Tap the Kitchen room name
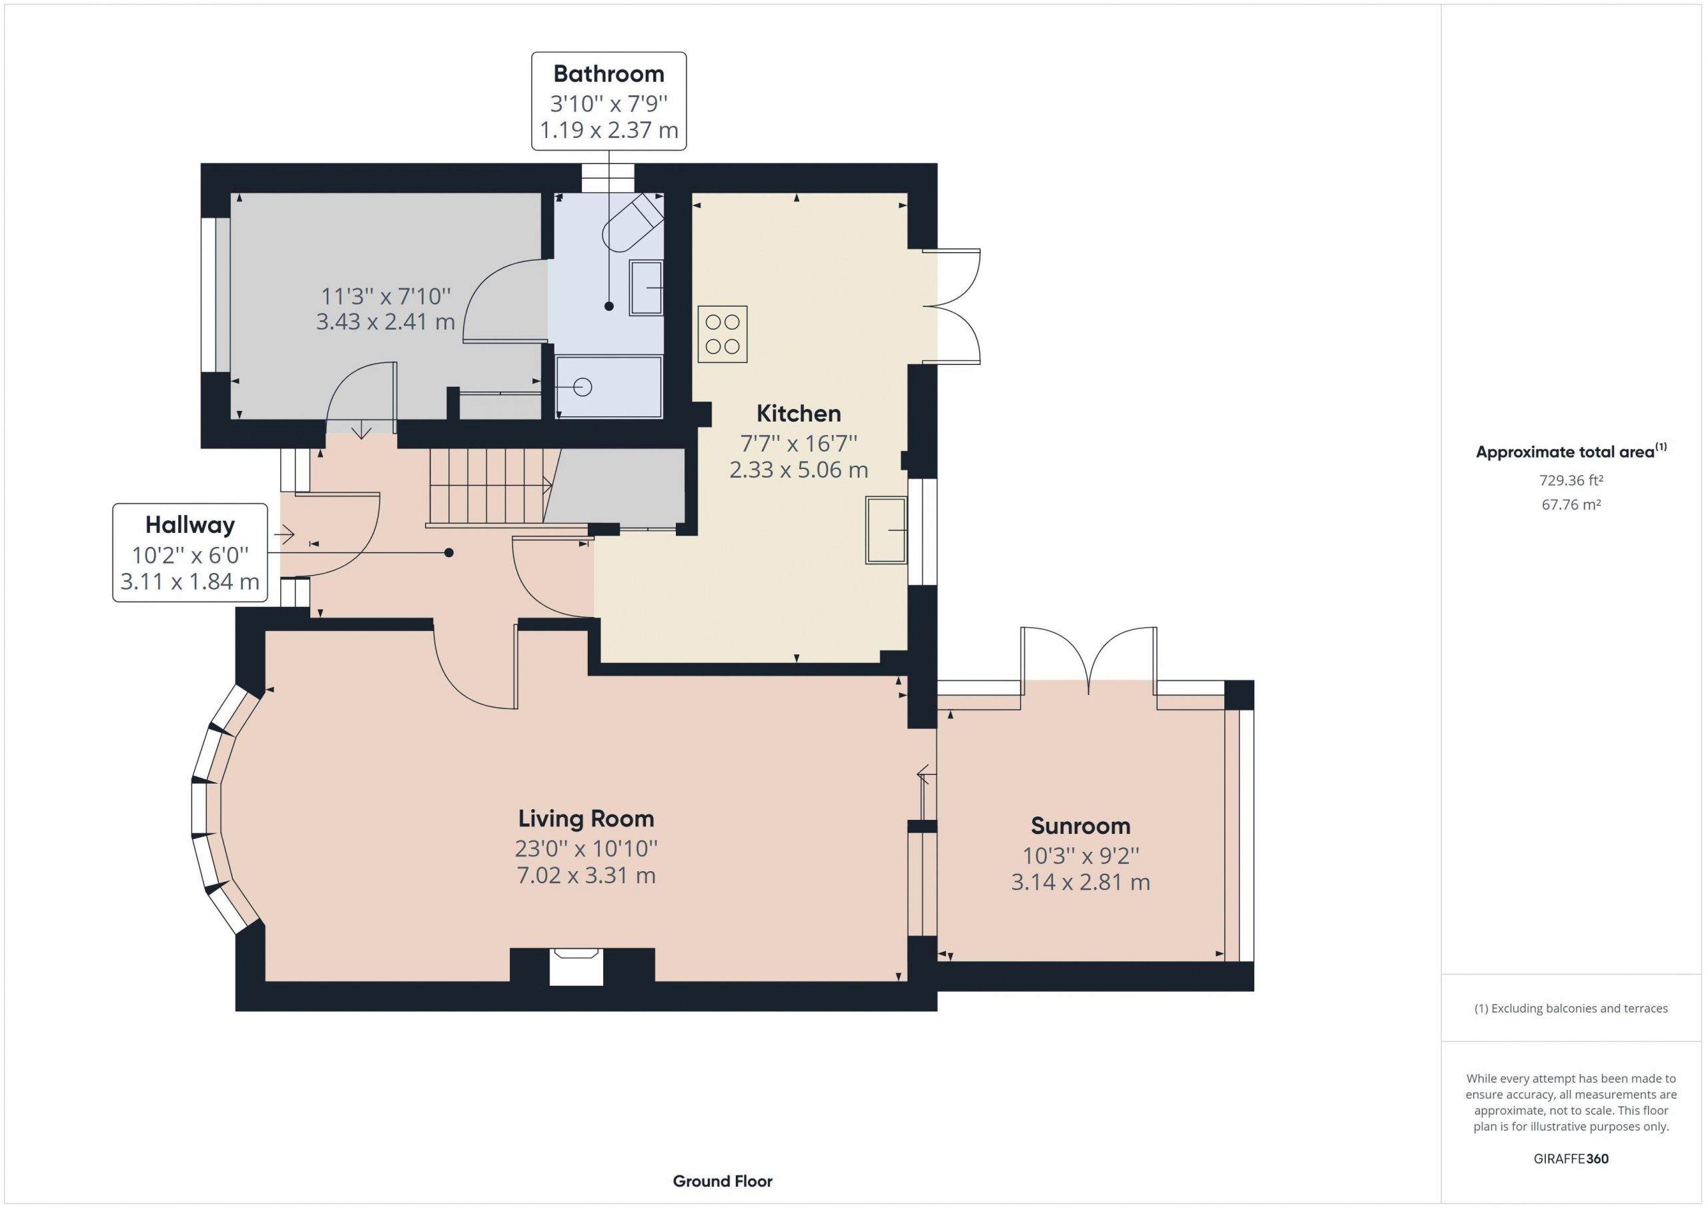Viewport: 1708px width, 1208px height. coord(798,414)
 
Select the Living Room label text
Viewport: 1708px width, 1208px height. coord(586,819)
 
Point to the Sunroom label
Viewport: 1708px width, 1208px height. coord(1080,826)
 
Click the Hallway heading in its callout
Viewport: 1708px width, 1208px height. coord(189,525)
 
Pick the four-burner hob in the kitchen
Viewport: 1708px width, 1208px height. coord(722,334)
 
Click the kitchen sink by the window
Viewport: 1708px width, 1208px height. coord(886,530)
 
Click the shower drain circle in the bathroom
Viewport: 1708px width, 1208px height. coord(582,388)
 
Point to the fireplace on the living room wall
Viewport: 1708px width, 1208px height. coord(575,967)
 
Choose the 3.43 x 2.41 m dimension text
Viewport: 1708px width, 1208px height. coord(386,322)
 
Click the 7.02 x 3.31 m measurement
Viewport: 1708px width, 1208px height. coord(586,876)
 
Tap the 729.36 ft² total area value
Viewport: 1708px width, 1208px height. coord(1571,480)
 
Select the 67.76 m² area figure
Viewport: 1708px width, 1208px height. coord(1571,504)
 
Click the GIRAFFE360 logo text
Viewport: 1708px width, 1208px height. coord(1571,1158)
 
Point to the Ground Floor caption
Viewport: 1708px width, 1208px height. coord(723,1181)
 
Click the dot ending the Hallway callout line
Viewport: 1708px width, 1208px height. coord(448,553)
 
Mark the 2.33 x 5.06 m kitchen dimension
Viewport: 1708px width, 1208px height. coord(798,470)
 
